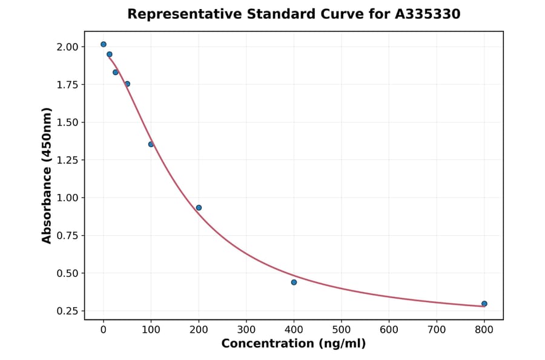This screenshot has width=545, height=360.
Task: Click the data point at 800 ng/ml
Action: click(x=484, y=304)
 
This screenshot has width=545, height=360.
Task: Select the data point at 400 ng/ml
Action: click(x=294, y=282)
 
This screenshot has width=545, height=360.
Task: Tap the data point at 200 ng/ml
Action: click(x=199, y=208)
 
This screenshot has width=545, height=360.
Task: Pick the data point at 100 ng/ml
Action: click(x=151, y=144)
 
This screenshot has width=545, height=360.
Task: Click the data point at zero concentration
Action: click(x=104, y=44)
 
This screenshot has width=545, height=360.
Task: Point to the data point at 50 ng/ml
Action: click(x=127, y=84)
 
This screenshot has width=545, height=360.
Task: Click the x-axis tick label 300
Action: click(x=246, y=330)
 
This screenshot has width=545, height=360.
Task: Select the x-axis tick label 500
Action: click(x=342, y=330)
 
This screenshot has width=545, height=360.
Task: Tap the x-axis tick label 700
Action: click(x=437, y=330)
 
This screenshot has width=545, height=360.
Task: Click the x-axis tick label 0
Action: click(x=104, y=330)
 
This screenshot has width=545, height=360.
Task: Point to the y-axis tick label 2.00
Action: click(x=67, y=47)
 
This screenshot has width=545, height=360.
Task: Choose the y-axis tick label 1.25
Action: click(x=67, y=160)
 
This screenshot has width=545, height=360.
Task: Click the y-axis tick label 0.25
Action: click(x=67, y=311)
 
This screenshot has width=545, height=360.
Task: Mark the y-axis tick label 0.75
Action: click(x=67, y=236)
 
